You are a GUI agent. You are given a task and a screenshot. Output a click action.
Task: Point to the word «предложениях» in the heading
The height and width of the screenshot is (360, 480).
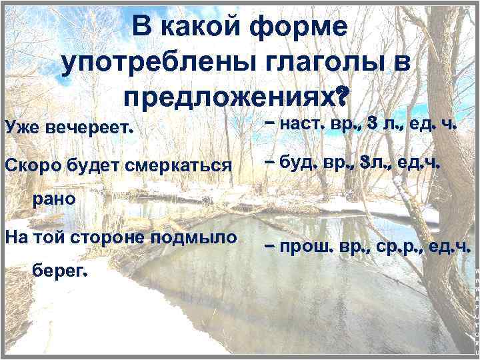click(x=227, y=98)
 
